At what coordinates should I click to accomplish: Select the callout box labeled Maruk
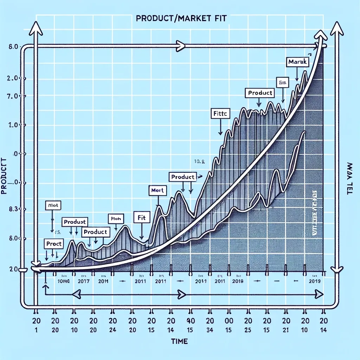(x=297, y=62)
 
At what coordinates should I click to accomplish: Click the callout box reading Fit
(x=140, y=218)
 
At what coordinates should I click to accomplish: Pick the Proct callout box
(x=53, y=243)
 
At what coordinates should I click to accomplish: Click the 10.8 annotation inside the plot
(x=199, y=162)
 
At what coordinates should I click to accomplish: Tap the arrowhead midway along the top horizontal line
(x=181, y=45)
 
